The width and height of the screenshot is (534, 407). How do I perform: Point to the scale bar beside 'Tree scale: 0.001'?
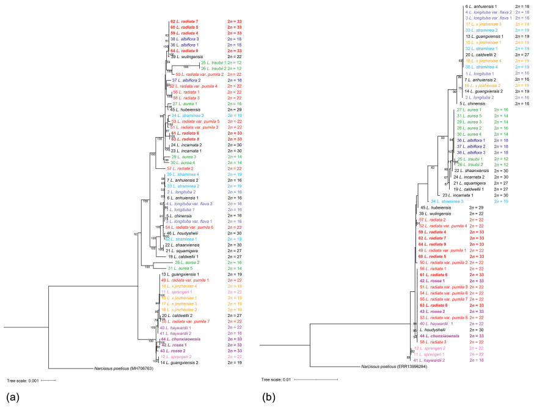point(49,380)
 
